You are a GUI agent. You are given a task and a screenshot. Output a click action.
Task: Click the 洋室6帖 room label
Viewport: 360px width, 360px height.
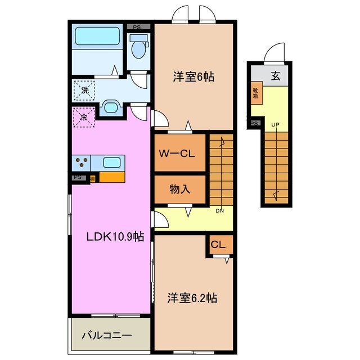(193, 77)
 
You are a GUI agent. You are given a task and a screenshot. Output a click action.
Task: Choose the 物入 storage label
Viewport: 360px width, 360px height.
(180, 190)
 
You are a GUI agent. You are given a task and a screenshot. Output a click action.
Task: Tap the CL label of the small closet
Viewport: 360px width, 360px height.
(219, 245)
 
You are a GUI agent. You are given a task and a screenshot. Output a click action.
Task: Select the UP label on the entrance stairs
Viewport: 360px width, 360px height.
(276, 125)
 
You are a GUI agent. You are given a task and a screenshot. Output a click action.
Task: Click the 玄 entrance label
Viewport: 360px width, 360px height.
(276, 77)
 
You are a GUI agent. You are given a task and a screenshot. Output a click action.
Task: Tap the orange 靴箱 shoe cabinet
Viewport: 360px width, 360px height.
(255, 93)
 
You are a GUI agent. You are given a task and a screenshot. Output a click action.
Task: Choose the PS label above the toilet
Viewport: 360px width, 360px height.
(137, 26)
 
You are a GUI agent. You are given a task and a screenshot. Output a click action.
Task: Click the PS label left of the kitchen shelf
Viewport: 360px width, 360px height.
(78, 177)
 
